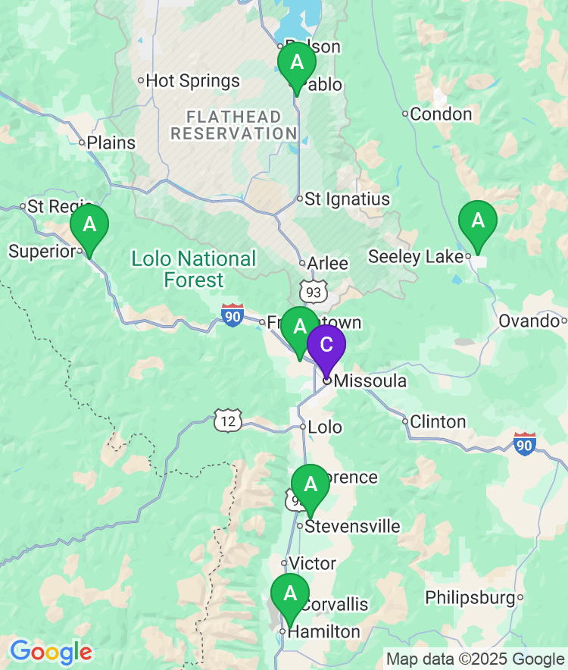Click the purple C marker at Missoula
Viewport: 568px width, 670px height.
coord(326,346)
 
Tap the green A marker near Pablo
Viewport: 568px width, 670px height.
coord(297,63)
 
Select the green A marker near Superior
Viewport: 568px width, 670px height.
coord(89,225)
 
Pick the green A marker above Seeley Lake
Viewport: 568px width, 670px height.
coord(477,221)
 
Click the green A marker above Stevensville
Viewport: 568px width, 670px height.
coord(310,484)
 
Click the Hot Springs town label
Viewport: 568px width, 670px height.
coord(192,81)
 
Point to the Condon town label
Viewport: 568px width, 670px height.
coord(442,114)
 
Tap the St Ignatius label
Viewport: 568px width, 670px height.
coord(347,199)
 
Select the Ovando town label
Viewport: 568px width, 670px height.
coord(528,321)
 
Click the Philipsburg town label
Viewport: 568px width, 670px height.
coord(470,598)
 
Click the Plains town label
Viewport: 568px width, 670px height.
coord(111,142)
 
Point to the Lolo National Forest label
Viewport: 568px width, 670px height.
coord(194,269)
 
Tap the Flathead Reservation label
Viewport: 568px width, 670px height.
coord(233,125)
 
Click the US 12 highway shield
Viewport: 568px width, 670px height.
coord(227,421)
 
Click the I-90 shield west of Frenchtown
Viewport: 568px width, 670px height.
coord(233,315)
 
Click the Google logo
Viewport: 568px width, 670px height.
coord(51,652)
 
